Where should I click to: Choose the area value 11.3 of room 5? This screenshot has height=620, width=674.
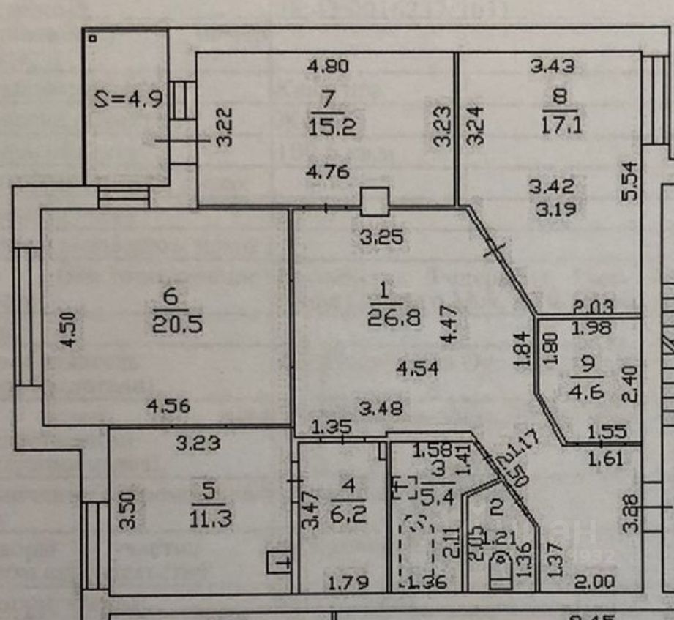[210, 518]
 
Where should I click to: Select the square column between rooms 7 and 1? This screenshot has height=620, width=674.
[375, 201]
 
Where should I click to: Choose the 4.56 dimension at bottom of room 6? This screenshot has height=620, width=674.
[168, 405]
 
